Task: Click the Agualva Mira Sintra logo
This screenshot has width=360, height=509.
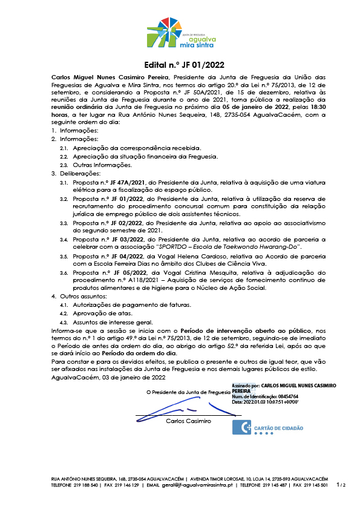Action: [x=180, y=34]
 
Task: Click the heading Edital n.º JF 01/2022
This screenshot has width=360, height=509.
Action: [x=180, y=65]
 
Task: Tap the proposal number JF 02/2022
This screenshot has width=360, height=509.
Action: [x=117, y=223]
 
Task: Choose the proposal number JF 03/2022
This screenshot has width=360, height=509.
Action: [x=117, y=240]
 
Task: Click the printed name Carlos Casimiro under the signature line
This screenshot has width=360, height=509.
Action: [x=188, y=421]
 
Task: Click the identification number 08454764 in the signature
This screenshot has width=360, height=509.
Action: [x=276, y=396]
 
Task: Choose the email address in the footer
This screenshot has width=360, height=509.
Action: [x=189, y=485]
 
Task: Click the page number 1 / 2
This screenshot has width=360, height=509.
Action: [x=341, y=485]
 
